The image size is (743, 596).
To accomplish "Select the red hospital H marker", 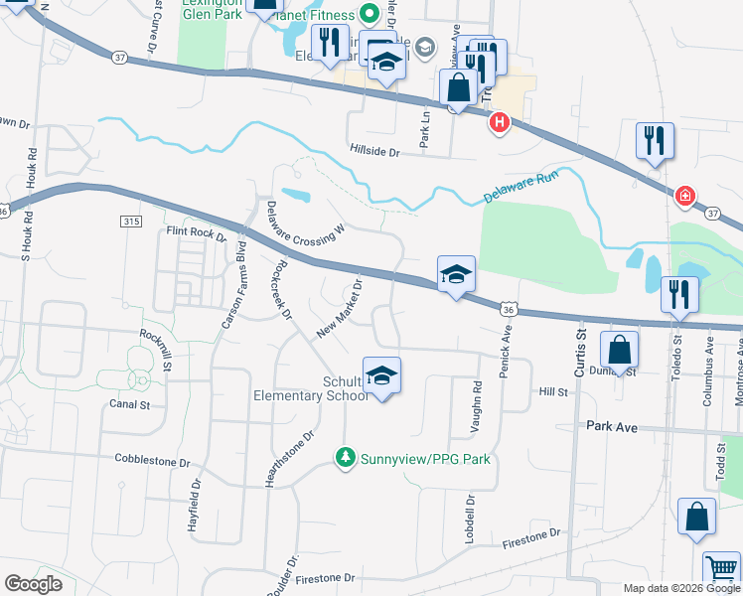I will [500, 123].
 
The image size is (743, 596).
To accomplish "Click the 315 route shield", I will [134, 222].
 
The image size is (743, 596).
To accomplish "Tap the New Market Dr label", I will [339, 309].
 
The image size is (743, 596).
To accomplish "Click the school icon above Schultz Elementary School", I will [382, 375].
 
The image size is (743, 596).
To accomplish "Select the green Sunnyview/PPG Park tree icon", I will [344, 458].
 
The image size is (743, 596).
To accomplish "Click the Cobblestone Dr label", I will [152, 462].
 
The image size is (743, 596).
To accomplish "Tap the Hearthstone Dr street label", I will [289, 458].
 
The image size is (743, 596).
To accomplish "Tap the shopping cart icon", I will [722, 569].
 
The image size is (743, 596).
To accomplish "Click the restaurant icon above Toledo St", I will [680, 292].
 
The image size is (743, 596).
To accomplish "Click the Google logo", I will [33, 583].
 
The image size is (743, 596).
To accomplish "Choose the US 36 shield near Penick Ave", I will [508, 311].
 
